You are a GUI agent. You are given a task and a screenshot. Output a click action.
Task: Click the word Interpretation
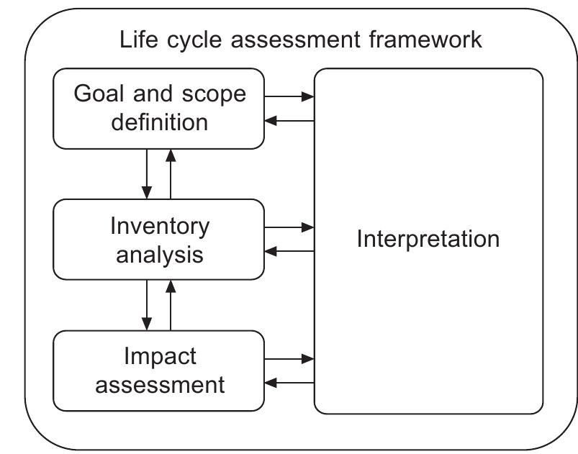point(428,239)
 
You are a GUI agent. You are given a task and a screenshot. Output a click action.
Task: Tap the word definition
point(160,121)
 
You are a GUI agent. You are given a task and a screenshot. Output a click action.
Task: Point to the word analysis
point(160,254)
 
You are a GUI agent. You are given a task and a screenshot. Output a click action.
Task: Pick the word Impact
point(160,357)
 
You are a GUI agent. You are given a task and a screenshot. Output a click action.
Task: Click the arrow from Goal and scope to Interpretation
point(289,96)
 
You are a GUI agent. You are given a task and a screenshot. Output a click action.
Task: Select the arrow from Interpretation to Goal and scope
point(289,120)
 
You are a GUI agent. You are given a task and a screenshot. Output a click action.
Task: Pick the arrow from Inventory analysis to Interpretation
point(289,227)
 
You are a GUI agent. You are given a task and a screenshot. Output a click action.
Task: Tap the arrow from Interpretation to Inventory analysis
point(289,251)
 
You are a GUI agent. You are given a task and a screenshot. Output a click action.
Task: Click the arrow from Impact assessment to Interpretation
point(289,358)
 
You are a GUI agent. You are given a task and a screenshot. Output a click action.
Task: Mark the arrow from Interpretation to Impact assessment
point(289,382)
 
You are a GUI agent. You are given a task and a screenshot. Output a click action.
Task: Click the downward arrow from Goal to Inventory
point(147,173)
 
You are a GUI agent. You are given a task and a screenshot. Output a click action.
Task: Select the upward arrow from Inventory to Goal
point(171,173)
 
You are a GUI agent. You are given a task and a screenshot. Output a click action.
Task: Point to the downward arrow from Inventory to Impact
point(147,304)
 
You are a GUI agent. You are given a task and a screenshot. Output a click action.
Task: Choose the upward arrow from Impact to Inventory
point(171,304)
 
